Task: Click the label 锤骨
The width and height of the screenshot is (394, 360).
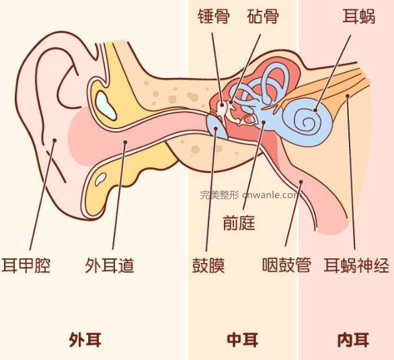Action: (x=214, y=17)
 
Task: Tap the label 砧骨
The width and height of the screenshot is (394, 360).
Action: (x=263, y=17)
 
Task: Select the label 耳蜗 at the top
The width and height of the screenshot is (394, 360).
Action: (x=359, y=17)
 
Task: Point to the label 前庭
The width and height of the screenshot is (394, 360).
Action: (x=239, y=223)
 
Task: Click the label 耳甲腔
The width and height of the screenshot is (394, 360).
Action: (x=26, y=266)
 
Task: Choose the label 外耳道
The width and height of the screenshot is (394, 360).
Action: (x=110, y=266)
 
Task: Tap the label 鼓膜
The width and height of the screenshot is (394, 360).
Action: (x=208, y=266)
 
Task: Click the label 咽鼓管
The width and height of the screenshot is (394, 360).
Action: (x=286, y=265)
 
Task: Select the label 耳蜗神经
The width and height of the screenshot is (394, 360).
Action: (x=356, y=266)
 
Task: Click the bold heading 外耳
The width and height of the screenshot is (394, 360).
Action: (x=85, y=340)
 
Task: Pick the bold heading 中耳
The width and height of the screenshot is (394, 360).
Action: (x=243, y=340)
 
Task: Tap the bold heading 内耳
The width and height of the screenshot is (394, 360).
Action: (x=353, y=340)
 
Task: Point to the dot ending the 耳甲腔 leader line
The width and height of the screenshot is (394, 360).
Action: (x=54, y=140)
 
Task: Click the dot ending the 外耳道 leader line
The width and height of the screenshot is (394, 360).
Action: (x=125, y=142)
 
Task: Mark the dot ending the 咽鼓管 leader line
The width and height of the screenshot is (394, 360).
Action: (x=301, y=182)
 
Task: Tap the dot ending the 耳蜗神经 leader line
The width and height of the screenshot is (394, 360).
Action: (x=348, y=96)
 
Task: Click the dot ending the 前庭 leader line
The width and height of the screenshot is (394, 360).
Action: (x=264, y=122)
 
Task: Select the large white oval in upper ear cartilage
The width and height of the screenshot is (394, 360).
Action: (x=106, y=106)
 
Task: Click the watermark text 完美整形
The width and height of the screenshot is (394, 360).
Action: (x=219, y=195)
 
